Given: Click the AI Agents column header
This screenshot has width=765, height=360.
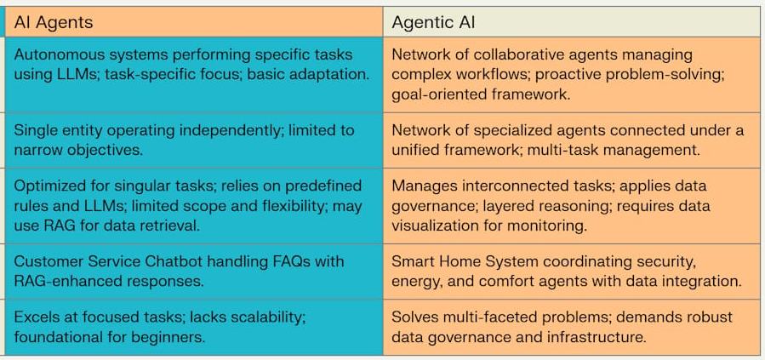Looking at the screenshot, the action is (54, 22).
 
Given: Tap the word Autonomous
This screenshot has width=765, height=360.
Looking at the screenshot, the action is (54, 54).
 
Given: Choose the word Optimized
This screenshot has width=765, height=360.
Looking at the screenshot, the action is (49, 186).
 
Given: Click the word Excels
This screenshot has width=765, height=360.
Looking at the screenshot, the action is (37, 317).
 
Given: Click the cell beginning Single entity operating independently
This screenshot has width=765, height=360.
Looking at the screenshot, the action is (191, 140).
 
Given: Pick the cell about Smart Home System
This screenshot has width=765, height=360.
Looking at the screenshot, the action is (570, 271).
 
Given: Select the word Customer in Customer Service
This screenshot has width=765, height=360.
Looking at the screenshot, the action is (47, 261).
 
